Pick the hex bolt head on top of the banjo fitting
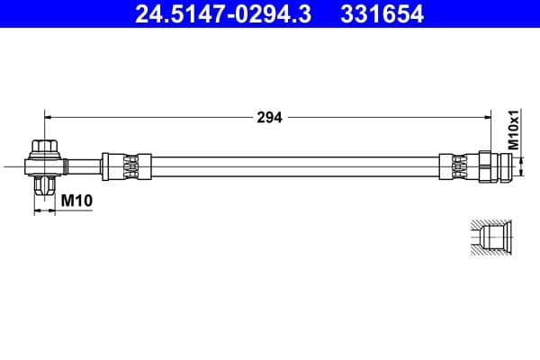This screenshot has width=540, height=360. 44,147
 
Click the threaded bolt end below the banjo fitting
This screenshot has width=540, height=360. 44,186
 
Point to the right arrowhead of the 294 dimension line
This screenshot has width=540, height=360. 487,116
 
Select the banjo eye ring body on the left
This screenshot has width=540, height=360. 44,166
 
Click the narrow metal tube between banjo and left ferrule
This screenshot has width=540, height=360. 83,166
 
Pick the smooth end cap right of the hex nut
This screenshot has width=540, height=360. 516,166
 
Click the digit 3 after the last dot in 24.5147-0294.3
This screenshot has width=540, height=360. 309,13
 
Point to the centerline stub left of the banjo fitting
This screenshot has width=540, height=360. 13,166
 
